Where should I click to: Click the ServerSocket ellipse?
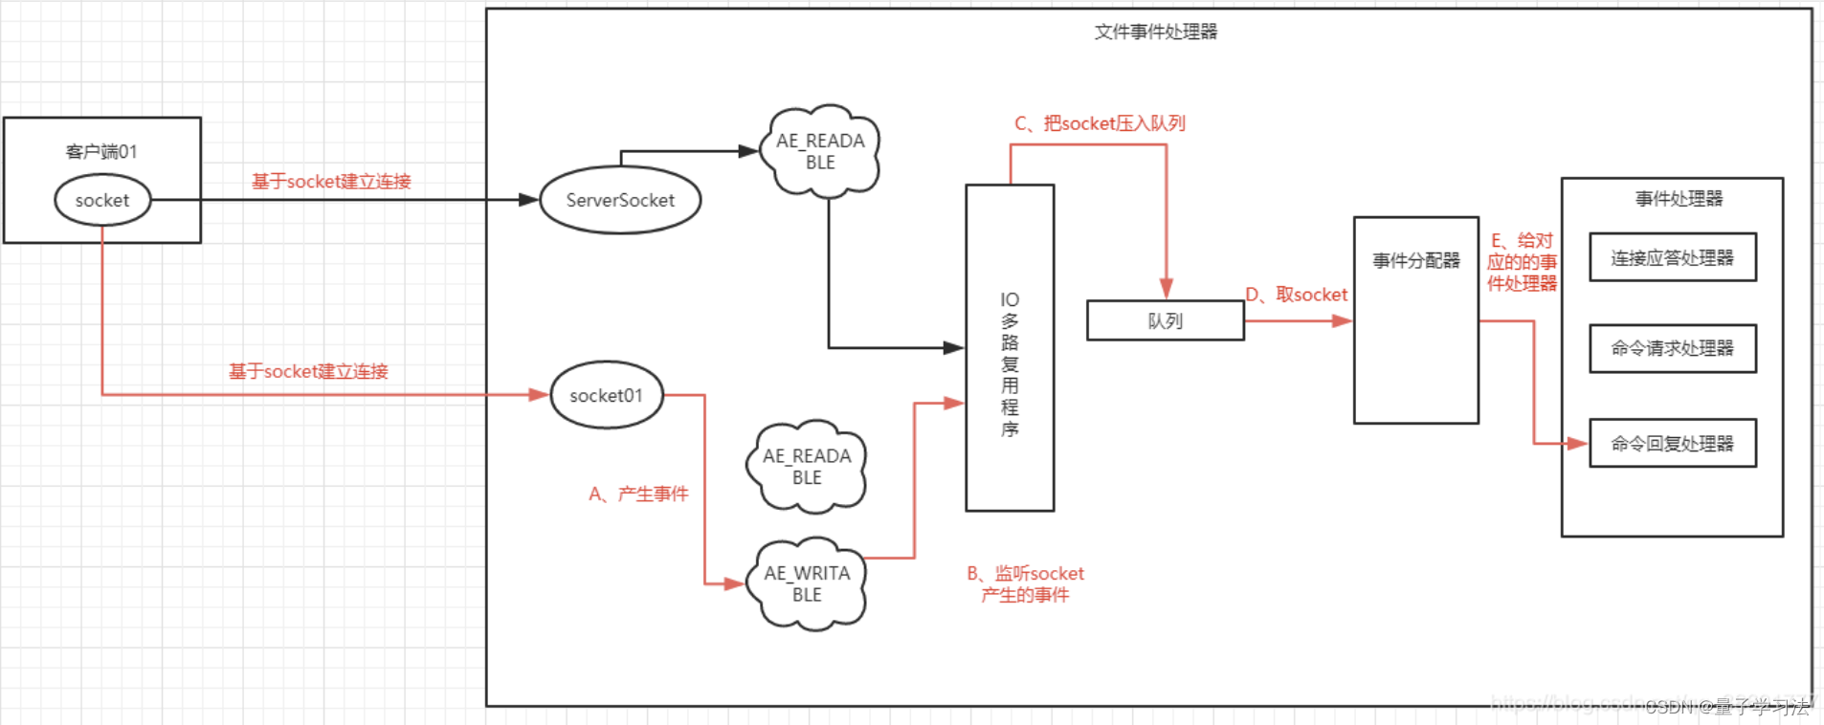(620, 200)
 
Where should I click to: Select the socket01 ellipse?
(606, 395)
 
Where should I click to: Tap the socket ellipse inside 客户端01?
(102, 200)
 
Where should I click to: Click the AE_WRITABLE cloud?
(807, 583)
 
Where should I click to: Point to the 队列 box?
(1165, 320)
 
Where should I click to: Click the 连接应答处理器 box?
(1672, 257)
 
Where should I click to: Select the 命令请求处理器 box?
(1672, 348)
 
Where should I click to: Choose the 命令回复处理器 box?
(1672, 443)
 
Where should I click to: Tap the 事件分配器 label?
(1415, 260)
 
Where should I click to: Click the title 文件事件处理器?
(1155, 32)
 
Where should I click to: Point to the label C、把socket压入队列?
(1100, 123)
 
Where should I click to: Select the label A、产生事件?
(638, 494)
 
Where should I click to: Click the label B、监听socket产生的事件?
(1025, 583)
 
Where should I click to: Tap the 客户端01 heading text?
(101, 151)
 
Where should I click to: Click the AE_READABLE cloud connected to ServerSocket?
(820, 151)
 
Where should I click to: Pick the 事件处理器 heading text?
(1679, 199)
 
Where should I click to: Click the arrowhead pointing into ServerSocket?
(528, 200)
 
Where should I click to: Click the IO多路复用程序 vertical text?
(1010, 364)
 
